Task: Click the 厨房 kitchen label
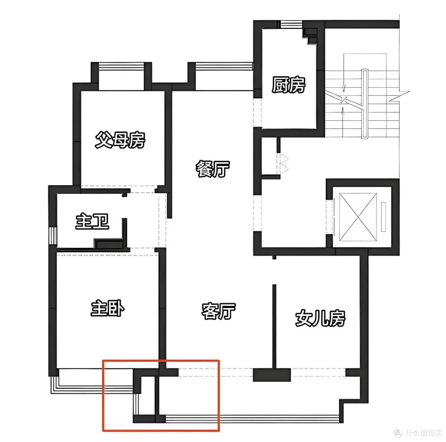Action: tap(288, 85)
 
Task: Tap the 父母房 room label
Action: tap(120, 139)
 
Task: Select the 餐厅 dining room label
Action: tap(212, 169)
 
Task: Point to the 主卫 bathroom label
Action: tap(92, 221)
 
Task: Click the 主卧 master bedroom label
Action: tap(107, 308)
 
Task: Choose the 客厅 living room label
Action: tap(218, 311)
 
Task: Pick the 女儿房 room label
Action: tap(320, 318)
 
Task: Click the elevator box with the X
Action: tap(358, 217)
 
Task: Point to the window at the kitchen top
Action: tap(291, 24)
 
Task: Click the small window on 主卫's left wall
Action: tap(53, 235)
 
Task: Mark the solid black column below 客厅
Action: tap(272, 375)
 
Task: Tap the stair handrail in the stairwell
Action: tap(364, 103)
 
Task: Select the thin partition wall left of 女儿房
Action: tap(275, 326)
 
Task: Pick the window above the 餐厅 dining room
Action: tap(224, 66)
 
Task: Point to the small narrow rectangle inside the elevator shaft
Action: tap(383, 217)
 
